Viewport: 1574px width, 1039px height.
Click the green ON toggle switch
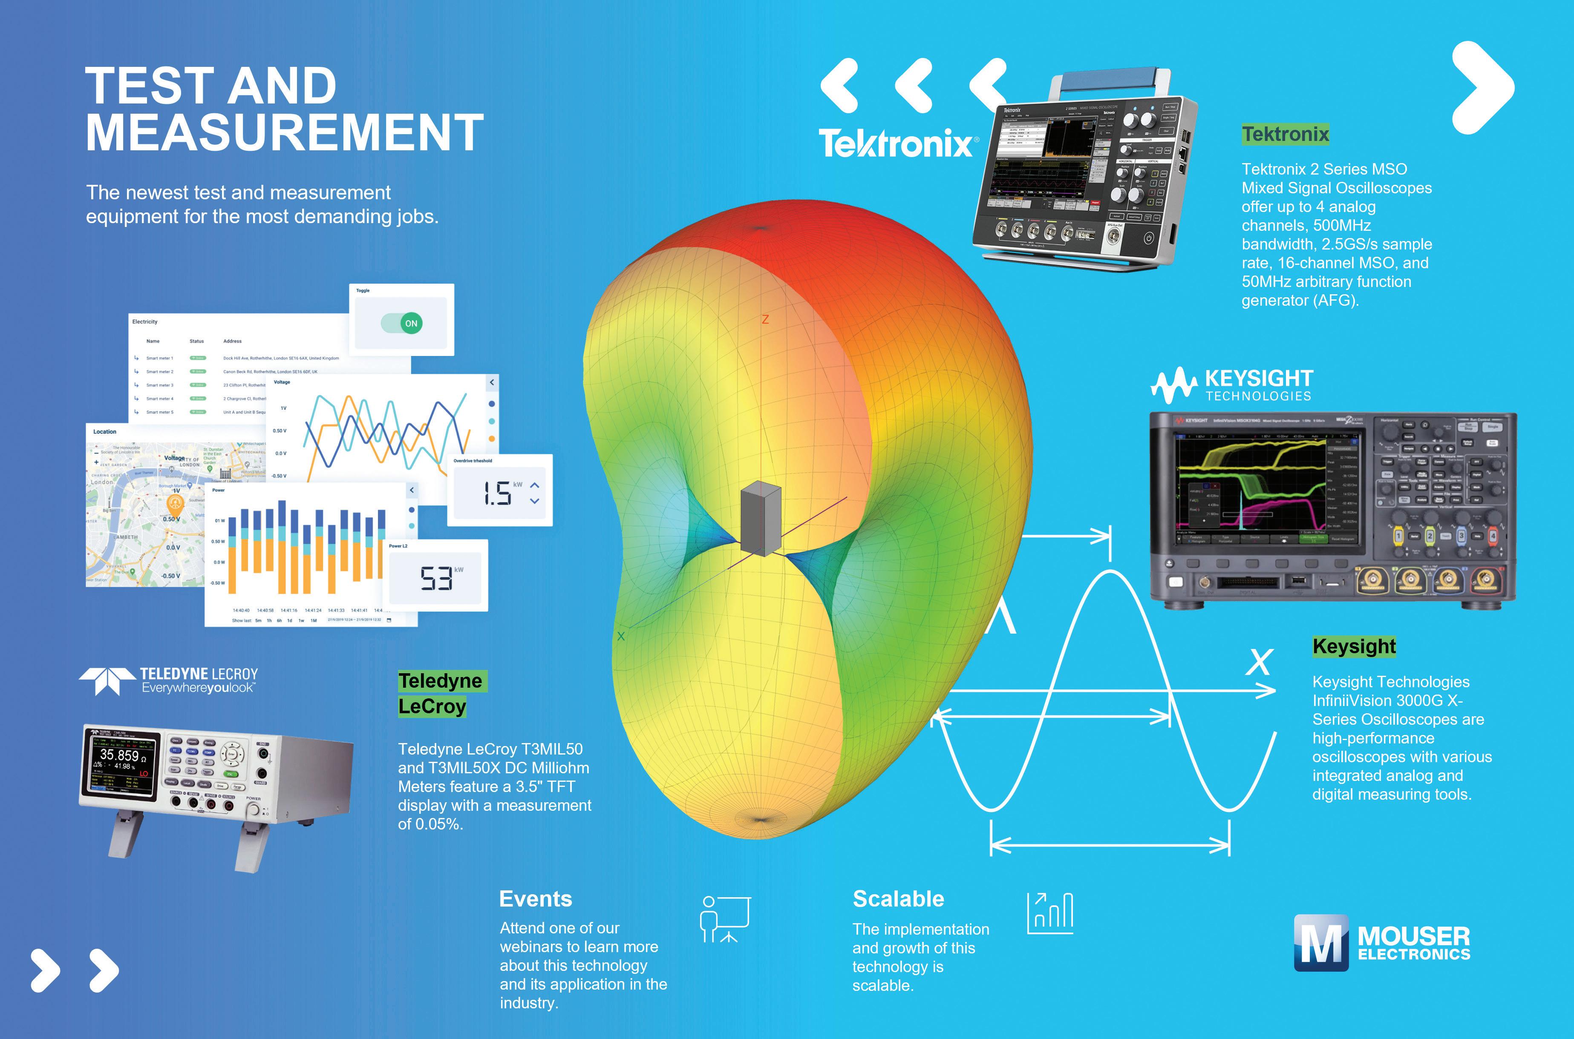[x=402, y=323]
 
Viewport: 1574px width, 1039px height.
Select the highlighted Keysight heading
[x=1354, y=646]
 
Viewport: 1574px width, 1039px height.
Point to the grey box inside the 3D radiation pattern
[x=761, y=519]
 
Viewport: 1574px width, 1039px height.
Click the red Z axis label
[x=765, y=319]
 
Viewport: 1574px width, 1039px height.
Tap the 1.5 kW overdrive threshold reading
[x=497, y=494]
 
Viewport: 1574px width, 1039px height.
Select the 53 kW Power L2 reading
[x=436, y=578]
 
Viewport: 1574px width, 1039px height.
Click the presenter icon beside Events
[x=725, y=919]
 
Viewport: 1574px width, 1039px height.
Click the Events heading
[x=535, y=899]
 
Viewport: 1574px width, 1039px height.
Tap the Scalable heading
[x=898, y=899]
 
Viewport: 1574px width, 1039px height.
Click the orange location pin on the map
[x=175, y=504]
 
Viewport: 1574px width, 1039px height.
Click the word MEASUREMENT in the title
[x=285, y=132]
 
